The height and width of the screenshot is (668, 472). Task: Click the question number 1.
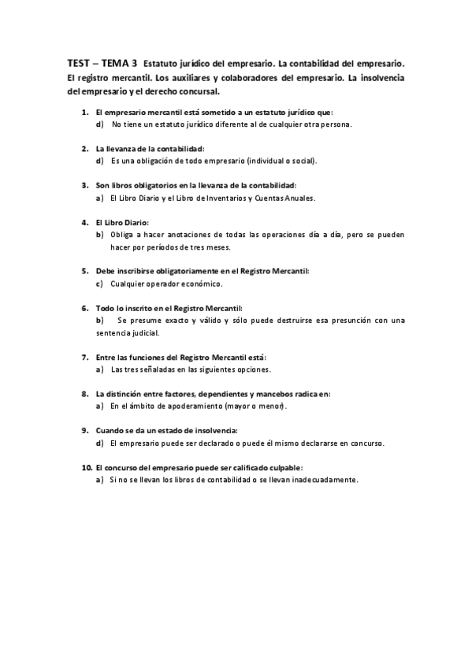pos(85,113)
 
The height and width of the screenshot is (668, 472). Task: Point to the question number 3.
pos(85,185)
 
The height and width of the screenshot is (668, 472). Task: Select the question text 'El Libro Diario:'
pos(121,222)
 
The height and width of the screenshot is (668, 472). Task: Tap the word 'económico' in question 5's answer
pos(201,284)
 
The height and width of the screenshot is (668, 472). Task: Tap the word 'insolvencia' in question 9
pos(216,430)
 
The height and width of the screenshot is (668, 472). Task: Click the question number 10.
pos(87,467)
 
